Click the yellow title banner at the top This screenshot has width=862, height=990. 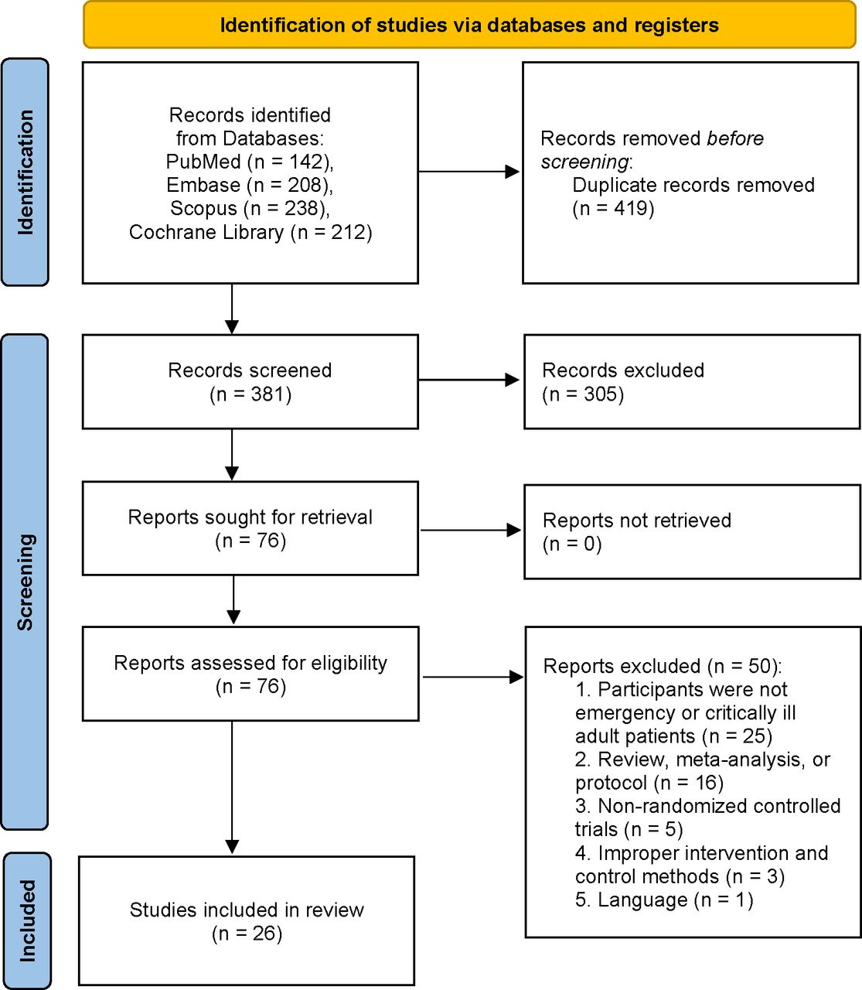pyautogui.click(x=469, y=25)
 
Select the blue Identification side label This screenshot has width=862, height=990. pyautogui.click(x=26, y=172)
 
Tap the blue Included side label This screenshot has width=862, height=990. pyautogui.click(x=27, y=920)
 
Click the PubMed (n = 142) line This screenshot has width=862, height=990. pyautogui.click(x=250, y=162)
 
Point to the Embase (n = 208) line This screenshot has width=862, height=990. pyautogui.click(x=250, y=185)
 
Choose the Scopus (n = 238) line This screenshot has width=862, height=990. pyautogui.click(x=250, y=208)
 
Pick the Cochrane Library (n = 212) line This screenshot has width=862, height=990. pyautogui.click(x=250, y=232)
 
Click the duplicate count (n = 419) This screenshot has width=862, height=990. pyautogui.click(x=613, y=208)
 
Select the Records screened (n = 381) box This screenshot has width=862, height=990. pyautogui.click(x=250, y=382)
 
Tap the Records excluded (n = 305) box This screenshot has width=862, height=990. pyautogui.click(x=692, y=382)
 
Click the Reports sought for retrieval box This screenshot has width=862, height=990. pyautogui.click(x=250, y=528)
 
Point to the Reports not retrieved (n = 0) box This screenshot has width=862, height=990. pyautogui.click(x=693, y=532)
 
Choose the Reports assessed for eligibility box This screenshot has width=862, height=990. pyautogui.click(x=250, y=674)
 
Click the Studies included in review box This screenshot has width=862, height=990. pyautogui.click(x=247, y=920)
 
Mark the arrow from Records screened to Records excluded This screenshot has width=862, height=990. pyautogui.click(x=469, y=380)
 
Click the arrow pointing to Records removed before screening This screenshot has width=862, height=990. pyautogui.click(x=469, y=171)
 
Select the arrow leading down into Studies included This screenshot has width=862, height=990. pyautogui.click(x=232, y=788)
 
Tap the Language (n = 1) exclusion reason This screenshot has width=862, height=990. pyautogui.click(x=664, y=900)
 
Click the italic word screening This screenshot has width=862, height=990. pyautogui.click(x=584, y=162)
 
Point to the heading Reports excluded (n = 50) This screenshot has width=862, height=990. pyautogui.click(x=663, y=666)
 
